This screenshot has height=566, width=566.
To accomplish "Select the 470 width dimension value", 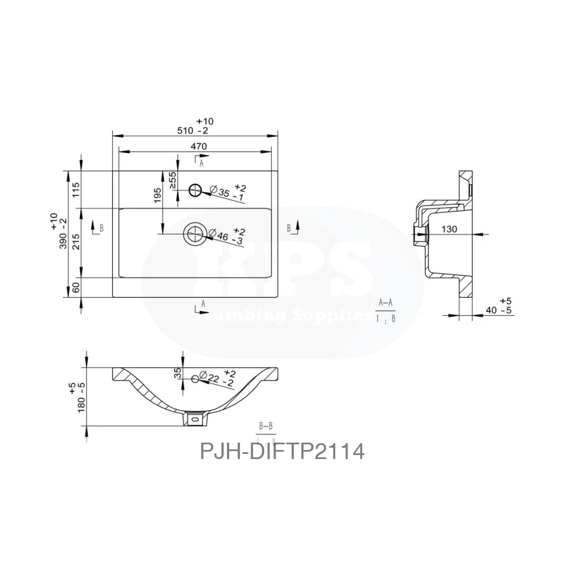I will tap(199, 146).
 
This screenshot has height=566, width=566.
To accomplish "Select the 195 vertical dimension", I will tap(158, 195).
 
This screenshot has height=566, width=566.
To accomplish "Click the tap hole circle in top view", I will tap(196, 190).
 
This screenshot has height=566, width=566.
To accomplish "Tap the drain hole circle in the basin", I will tap(195, 233).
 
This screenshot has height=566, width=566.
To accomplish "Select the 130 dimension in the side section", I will tap(449, 229).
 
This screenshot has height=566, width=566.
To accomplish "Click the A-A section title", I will tap(386, 303).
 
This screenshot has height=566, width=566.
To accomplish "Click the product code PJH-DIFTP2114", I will tap(282, 452).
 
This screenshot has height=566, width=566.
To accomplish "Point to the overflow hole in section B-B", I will tap(199, 378).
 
